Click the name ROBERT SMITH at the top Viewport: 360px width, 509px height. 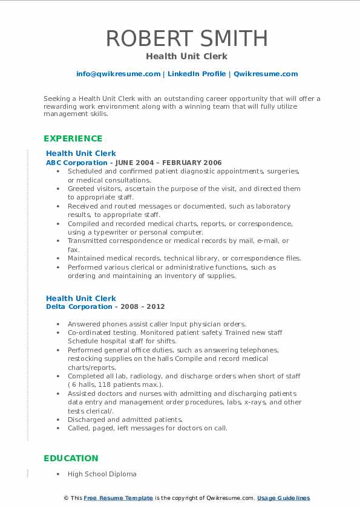pyautogui.click(x=186, y=38)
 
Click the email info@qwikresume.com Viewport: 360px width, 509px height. pyautogui.click(x=118, y=74)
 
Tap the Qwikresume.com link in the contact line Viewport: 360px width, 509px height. pyautogui.click(x=266, y=74)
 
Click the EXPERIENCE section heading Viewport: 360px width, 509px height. pyautogui.click(x=73, y=138)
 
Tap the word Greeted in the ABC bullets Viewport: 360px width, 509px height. pyautogui.click(x=82, y=189)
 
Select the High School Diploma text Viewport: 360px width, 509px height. pyautogui.click(x=102, y=474)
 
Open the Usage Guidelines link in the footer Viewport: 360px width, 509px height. pyautogui.click(x=283, y=498)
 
